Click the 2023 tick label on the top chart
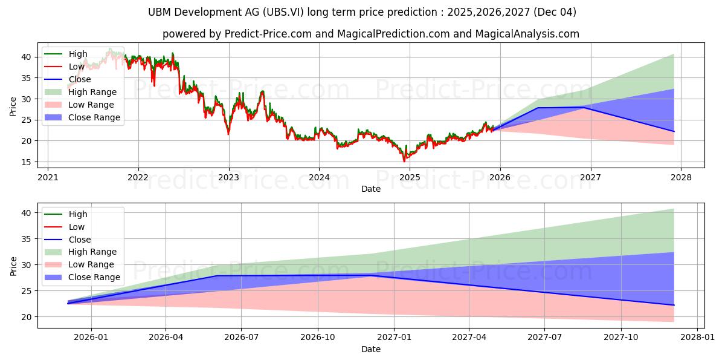[x=229, y=177]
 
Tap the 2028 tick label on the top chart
[x=681, y=177]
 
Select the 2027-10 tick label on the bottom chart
[x=621, y=338]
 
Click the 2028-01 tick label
[x=697, y=338]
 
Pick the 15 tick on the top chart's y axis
[x=26, y=162]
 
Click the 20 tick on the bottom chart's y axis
[x=26, y=317]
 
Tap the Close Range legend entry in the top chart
[x=82, y=117]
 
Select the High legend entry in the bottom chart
[x=66, y=214]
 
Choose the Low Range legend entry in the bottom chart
[x=79, y=264]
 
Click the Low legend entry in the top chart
[x=65, y=67]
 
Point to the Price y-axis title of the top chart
[x=13, y=106]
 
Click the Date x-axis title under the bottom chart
[x=371, y=349]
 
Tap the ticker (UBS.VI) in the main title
[x=283, y=12]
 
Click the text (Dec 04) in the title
[x=555, y=12]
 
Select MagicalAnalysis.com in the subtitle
[x=527, y=34]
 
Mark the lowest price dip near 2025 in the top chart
[x=404, y=162]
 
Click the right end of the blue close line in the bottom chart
[x=674, y=305]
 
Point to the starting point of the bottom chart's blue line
[x=68, y=303]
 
